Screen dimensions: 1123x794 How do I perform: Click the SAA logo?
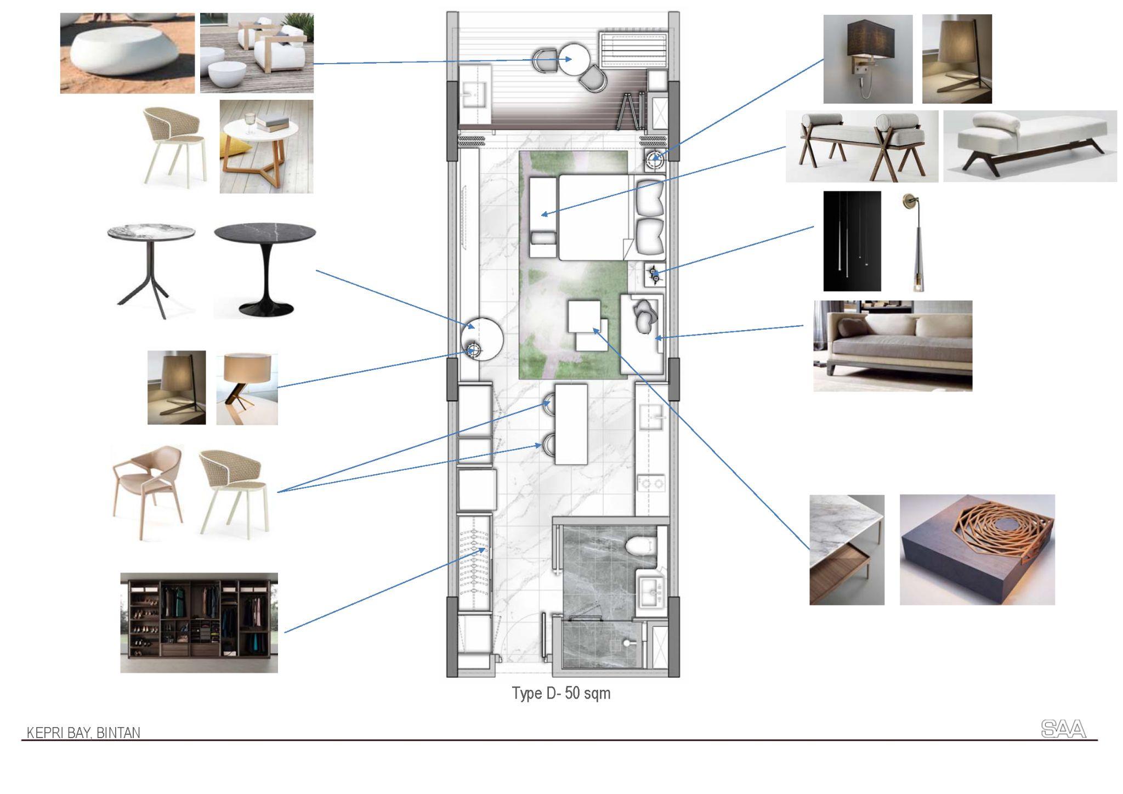[1063, 729]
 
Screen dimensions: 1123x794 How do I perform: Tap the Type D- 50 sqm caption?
[561, 693]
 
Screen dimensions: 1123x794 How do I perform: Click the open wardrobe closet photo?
[199, 622]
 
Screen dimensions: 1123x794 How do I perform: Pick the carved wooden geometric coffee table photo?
[977, 549]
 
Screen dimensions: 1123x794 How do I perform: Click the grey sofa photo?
[893, 345]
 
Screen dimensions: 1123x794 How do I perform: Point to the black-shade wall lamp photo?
[867, 59]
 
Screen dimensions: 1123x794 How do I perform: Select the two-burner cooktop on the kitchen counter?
[651, 484]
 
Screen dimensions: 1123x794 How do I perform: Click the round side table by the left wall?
[482, 338]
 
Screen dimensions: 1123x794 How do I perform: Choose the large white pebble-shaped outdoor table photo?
[127, 53]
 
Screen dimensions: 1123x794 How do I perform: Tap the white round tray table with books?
[266, 146]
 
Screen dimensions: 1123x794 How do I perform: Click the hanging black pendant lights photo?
[852, 241]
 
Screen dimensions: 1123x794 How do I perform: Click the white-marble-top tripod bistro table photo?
[151, 270]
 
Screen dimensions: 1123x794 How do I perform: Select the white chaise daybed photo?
[1030, 146]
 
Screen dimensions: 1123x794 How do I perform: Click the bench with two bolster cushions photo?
[861, 146]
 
